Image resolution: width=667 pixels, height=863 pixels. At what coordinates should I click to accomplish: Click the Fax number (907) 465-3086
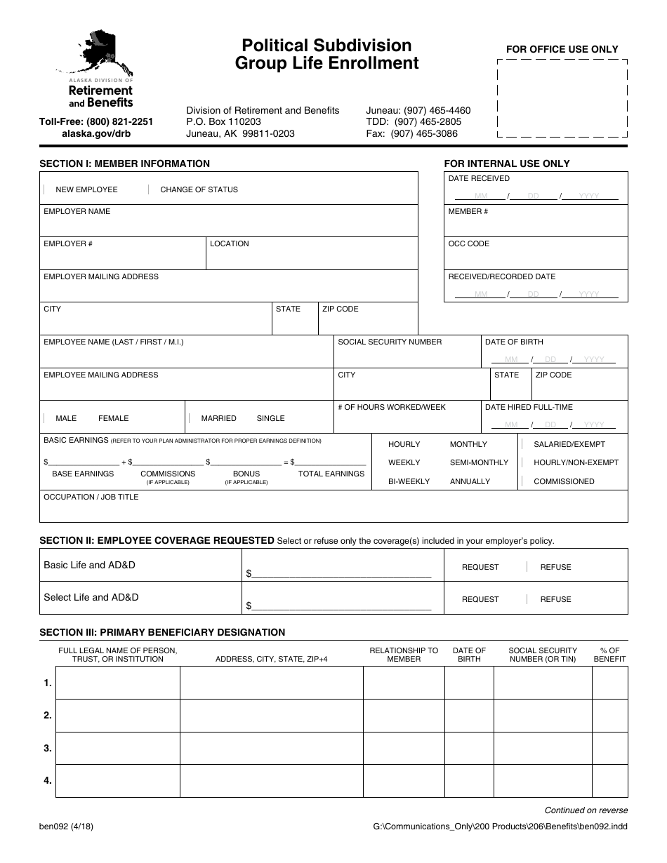pos(424,133)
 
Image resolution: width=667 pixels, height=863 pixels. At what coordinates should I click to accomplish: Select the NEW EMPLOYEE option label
pos(86,189)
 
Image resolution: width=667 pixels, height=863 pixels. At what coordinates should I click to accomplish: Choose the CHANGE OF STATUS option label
pos(199,189)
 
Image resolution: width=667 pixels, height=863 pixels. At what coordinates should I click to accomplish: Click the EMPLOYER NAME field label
pos(77,211)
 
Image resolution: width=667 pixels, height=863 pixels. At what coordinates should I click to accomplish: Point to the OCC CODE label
pos(468,243)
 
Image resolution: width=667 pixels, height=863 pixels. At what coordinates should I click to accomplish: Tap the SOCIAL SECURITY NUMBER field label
pos(390,342)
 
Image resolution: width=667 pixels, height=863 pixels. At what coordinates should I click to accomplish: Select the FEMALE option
pos(113,418)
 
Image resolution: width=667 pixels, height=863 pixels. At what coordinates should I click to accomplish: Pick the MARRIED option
pos(218,418)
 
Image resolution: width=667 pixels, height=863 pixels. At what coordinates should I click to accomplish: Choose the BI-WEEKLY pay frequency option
pos(409,481)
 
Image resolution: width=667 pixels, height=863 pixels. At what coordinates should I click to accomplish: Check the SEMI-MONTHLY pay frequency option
pos(479,462)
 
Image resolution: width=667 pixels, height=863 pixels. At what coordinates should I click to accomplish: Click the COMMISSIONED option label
pos(564,481)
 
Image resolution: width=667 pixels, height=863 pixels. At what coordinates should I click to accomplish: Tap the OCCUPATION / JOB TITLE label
pos(91,497)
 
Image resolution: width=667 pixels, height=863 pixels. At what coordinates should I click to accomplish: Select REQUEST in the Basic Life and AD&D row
pos(480,567)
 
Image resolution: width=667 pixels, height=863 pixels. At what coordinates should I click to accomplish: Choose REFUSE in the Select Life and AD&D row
pos(555,599)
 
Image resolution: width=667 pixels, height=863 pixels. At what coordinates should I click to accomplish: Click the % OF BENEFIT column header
pos(609,655)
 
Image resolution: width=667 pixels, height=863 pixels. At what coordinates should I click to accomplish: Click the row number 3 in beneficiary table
pos(48,748)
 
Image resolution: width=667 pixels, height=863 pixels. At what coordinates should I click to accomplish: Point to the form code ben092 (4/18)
pos(66,827)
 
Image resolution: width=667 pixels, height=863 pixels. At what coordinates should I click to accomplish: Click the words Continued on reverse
pos(586,810)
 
